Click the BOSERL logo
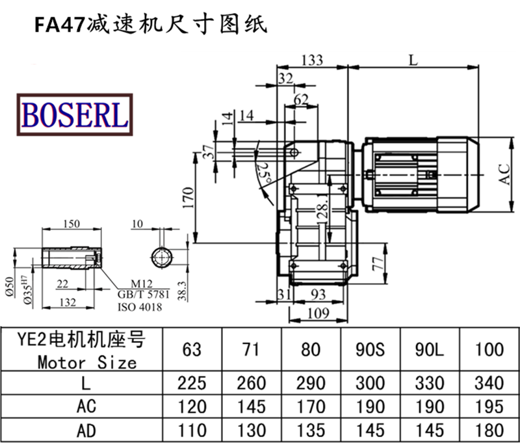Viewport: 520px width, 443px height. [x=75, y=114]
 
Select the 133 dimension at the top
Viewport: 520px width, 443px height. [x=312, y=60]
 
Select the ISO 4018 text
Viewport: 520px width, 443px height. [x=139, y=307]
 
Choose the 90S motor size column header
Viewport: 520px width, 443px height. [x=371, y=349]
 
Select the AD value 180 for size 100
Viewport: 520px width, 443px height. [x=489, y=430]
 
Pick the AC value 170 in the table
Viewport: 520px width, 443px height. [x=311, y=407]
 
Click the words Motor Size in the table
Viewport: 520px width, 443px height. [x=87, y=361]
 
